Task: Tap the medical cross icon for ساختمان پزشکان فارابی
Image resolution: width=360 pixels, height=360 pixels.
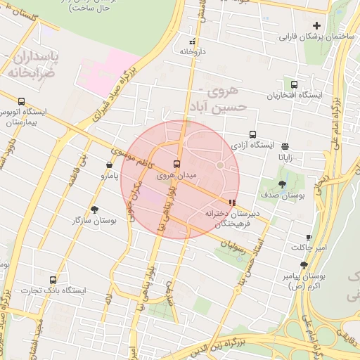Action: point(316,26)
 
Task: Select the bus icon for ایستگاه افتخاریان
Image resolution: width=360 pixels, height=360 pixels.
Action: point(294,84)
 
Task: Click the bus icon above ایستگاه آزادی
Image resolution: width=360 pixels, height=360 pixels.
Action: point(252,134)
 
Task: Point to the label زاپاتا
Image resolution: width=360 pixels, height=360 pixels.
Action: point(285,157)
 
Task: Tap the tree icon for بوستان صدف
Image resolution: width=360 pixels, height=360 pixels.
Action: point(282,184)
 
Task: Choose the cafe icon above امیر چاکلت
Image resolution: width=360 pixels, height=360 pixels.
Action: point(309,238)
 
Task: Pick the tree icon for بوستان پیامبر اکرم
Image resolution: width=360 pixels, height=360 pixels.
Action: point(304,265)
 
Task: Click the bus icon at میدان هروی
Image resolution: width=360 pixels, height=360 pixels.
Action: point(176,164)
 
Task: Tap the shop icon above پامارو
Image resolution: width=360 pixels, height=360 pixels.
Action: point(108,165)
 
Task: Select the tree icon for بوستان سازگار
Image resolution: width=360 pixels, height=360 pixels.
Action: point(94,210)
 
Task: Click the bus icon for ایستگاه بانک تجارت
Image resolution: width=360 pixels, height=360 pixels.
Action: point(53,280)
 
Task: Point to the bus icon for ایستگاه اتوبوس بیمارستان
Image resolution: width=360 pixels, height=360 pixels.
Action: point(22,101)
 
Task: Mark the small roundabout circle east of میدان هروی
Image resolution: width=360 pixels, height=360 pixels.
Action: point(220,165)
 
